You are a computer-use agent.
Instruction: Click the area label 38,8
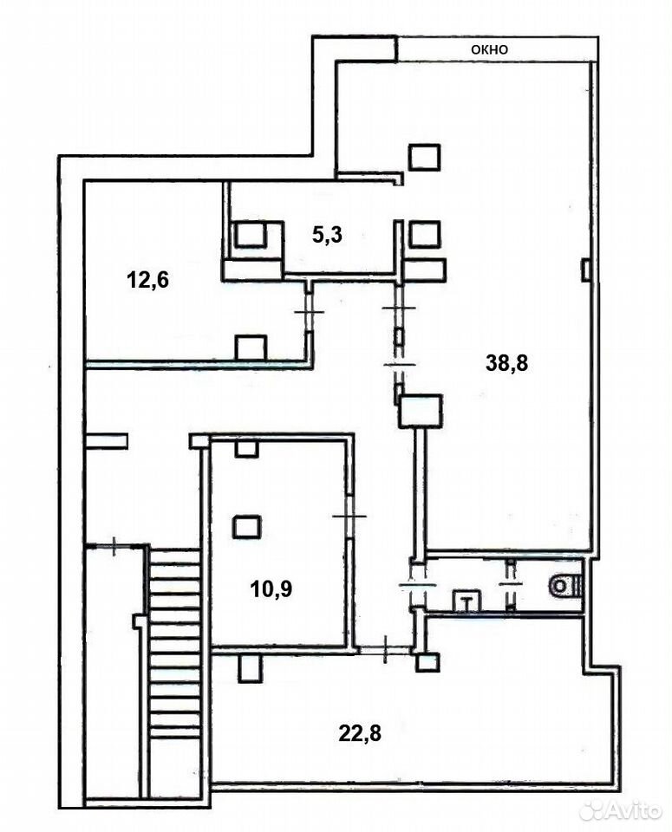[x=507, y=363]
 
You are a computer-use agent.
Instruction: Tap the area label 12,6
[x=148, y=279]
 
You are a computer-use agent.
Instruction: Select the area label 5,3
[x=327, y=234]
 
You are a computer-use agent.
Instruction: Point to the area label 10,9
[x=271, y=588]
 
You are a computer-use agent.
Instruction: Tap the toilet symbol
[x=566, y=587]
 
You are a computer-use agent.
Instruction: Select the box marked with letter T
[x=467, y=601]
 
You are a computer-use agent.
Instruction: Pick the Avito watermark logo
[x=621, y=810]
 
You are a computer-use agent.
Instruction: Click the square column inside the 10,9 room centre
[x=246, y=527]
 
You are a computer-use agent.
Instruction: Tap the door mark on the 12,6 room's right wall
[x=309, y=313]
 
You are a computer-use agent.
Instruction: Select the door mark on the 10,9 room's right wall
[x=349, y=516]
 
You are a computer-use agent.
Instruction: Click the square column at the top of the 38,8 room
[x=424, y=157]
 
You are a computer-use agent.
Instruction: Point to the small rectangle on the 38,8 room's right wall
[x=586, y=270]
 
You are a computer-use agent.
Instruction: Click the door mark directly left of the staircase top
[x=114, y=546]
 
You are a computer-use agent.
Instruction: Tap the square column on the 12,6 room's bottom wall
[x=251, y=348]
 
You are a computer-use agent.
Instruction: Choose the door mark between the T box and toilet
[x=511, y=583]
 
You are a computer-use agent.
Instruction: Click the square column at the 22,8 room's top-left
[x=250, y=668]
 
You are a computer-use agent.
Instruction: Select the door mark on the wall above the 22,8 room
[x=385, y=648]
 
